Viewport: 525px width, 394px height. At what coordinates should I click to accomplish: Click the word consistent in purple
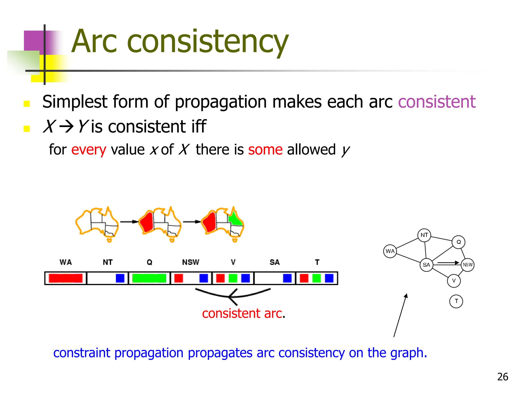click(437, 102)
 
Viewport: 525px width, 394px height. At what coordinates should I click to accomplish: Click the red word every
click(88, 150)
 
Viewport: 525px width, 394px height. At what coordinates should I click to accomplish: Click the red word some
click(265, 150)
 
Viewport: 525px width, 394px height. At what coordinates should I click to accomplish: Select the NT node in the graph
click(424, 235)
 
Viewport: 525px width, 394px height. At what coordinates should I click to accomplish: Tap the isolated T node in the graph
click(456, 301)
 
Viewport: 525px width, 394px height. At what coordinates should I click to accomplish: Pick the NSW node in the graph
click(468, 265)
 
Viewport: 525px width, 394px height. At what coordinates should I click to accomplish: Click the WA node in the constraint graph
click(390, 251)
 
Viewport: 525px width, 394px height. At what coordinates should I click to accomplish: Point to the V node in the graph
click(454, 281)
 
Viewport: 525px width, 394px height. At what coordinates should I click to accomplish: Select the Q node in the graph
click(459, 242)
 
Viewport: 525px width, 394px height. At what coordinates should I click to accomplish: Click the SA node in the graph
click(426, 265)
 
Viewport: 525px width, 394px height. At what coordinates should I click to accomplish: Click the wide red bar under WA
click(66, 278)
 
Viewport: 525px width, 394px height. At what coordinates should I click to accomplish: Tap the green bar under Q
click(149, 278)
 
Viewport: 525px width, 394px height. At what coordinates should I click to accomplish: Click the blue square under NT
click(120, 278)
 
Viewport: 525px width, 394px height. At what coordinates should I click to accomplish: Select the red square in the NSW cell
click(179, 278)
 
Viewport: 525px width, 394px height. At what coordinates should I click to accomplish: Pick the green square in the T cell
click(317, 278)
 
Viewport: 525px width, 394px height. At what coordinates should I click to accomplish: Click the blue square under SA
click(287, 278)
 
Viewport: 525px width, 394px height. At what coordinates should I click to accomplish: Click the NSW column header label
click(190, 262)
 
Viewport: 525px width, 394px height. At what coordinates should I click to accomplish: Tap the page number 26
click(502, 377)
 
